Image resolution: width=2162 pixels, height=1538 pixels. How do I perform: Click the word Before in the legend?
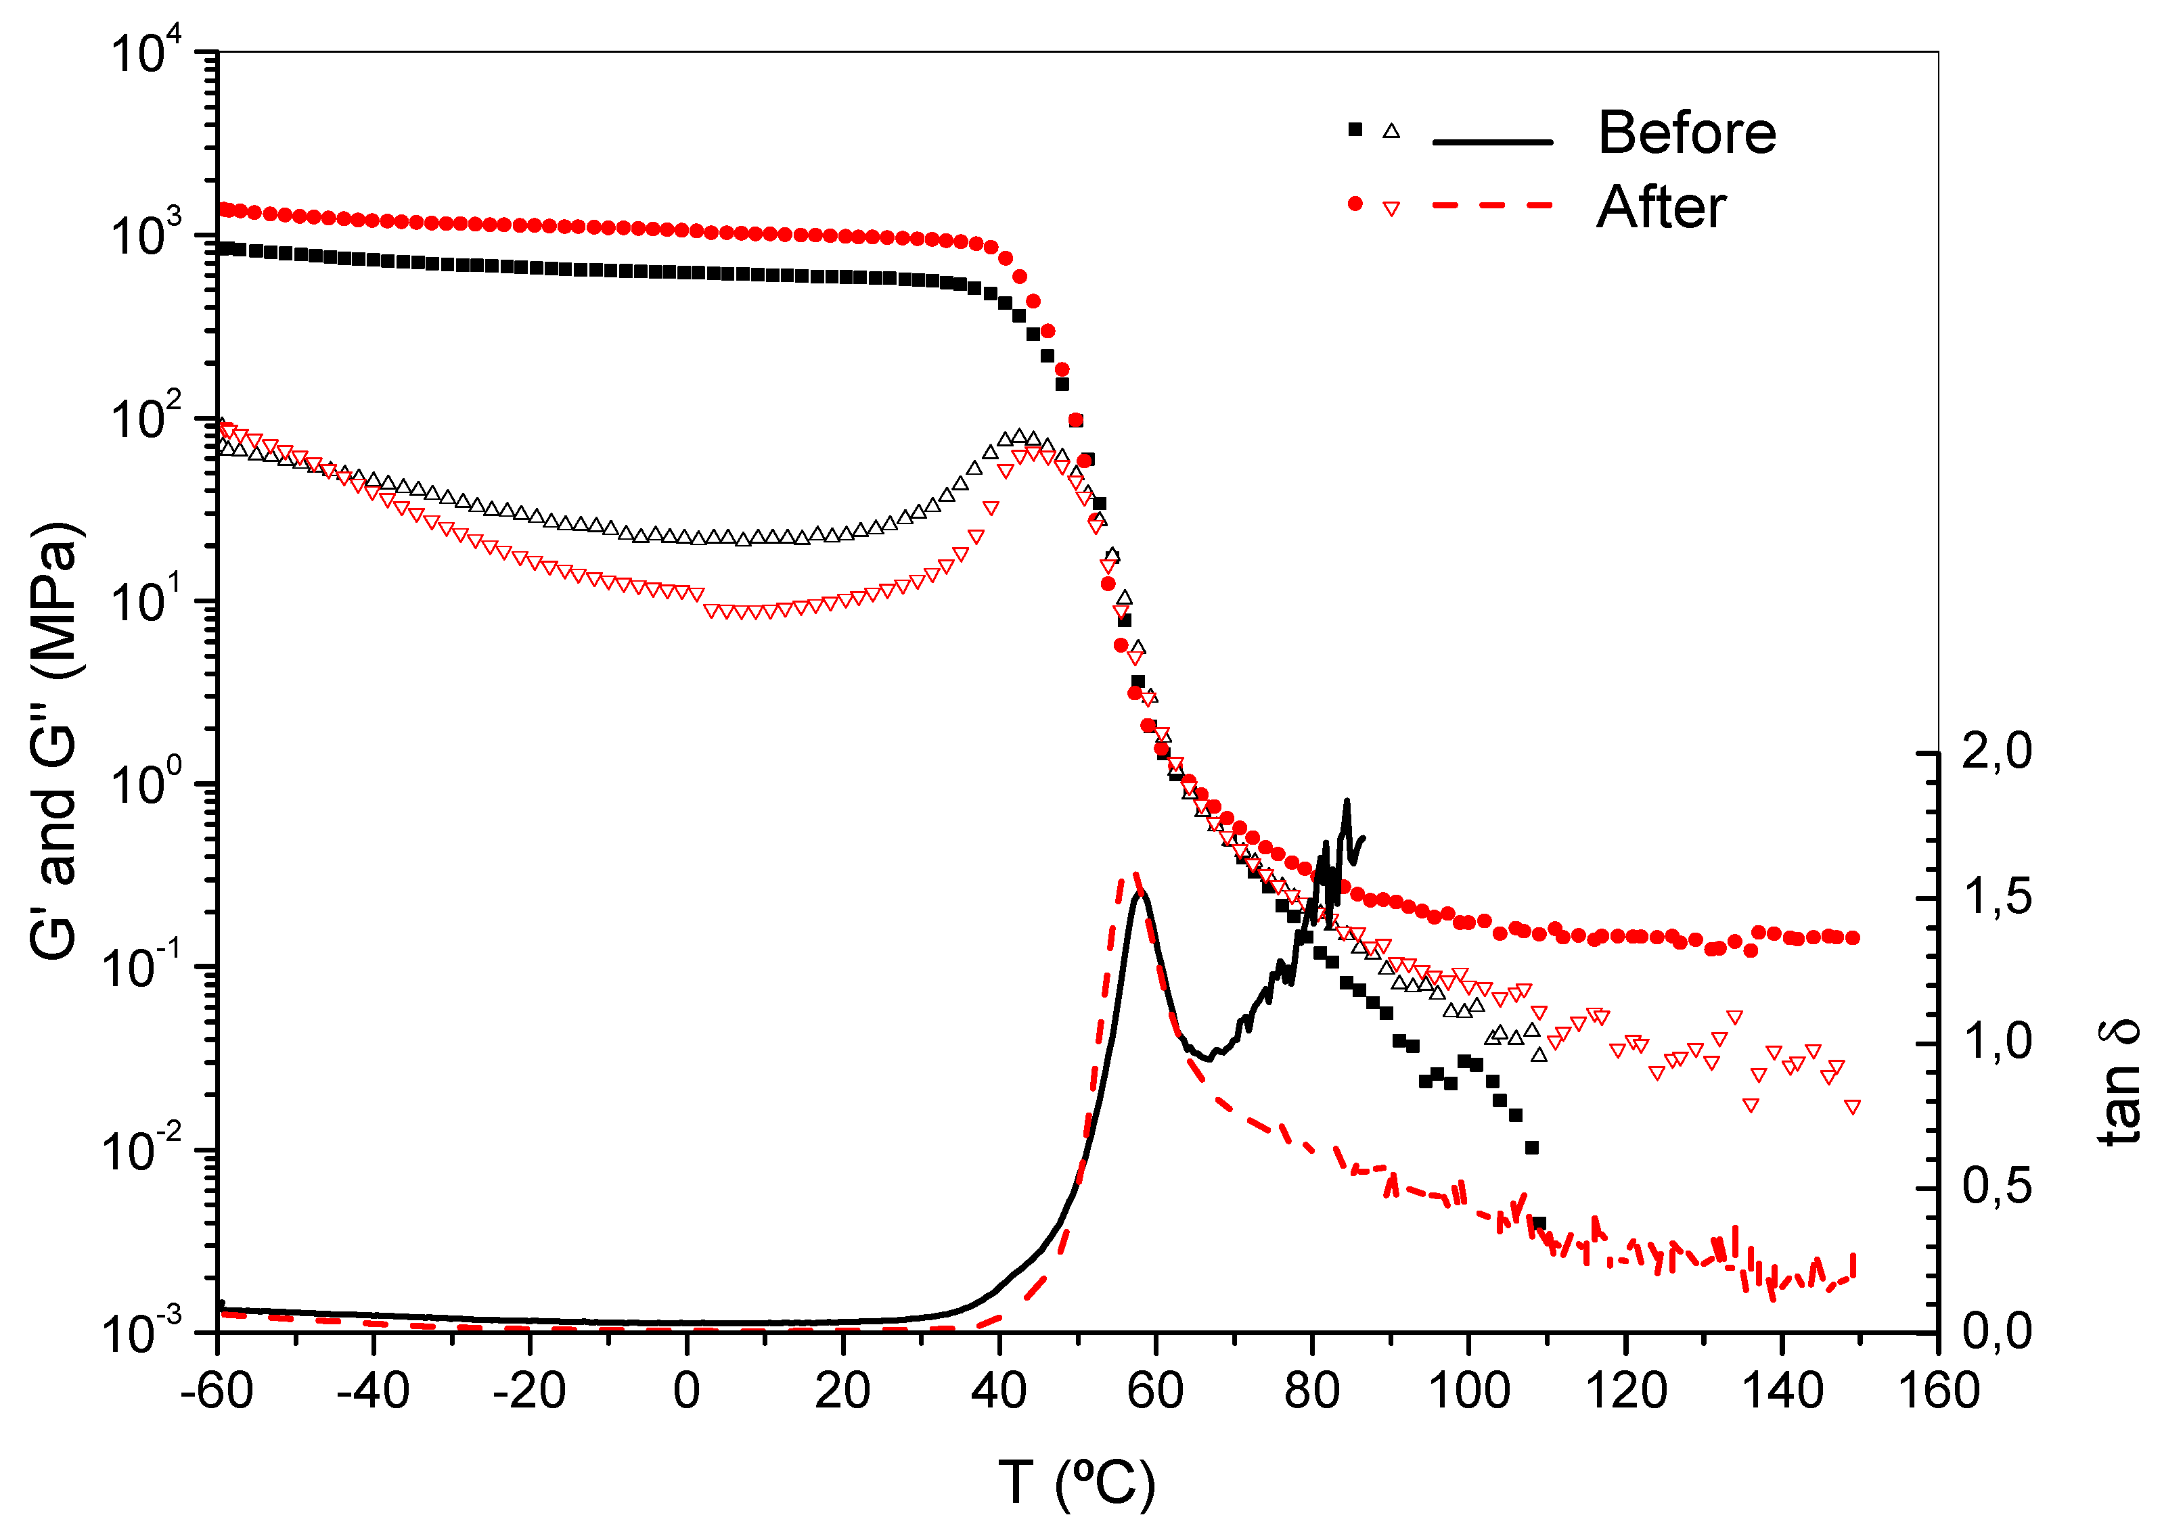1686,133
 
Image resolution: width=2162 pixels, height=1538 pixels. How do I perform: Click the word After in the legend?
1661,208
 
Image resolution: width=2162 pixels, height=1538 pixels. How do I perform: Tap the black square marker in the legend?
1355,130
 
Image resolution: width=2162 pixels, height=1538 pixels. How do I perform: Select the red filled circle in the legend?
1355,204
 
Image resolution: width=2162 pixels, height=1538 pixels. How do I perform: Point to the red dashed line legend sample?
1492,204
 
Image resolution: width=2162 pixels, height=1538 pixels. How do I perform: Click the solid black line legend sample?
1492,142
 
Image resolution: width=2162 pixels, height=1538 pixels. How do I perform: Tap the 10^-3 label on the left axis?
142,1332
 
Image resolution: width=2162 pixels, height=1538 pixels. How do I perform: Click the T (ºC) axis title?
1077,1482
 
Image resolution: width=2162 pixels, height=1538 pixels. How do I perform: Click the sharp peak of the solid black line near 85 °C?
1347,802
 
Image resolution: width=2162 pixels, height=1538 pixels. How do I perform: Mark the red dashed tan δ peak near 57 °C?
1134,875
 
